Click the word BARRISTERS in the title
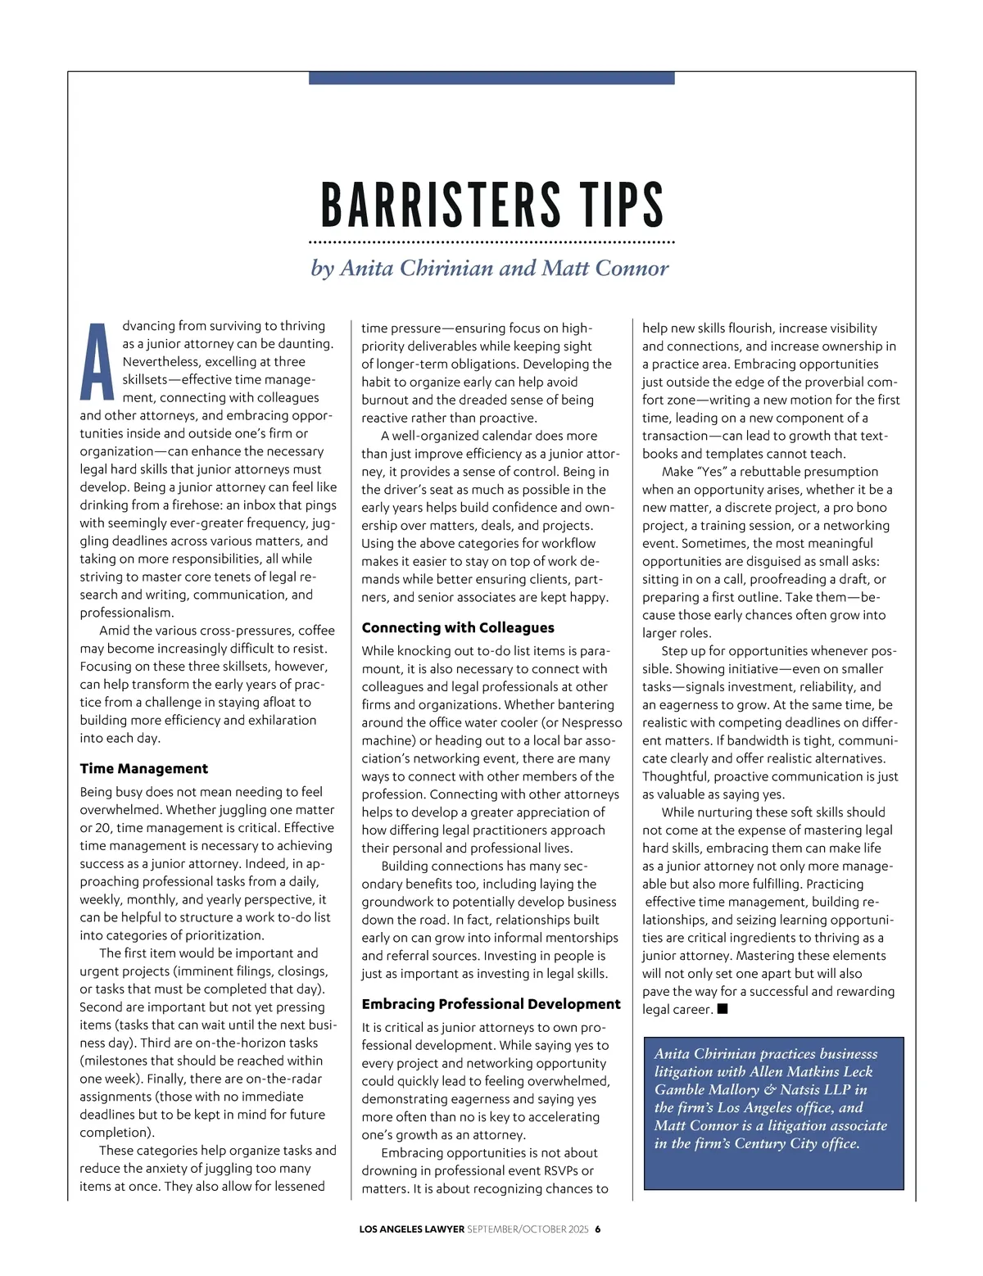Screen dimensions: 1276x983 [x=441, y=205]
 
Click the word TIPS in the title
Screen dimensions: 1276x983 [x=622, y=205]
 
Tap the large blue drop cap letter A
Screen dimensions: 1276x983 [x=97, y=361]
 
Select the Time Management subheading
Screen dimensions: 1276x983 [x=143, y=768]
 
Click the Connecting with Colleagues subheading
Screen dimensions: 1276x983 [x=458, y=627]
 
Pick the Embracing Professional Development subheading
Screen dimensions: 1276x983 [x=491, y=1004]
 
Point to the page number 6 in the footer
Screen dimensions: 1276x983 [x=598, y=1229]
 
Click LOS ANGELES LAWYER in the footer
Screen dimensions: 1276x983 [x=411, y=1229]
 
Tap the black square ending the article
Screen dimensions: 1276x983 [x=723, y=1009]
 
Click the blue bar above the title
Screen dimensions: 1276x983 [x=491, y=78]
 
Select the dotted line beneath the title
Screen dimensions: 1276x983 [x=491, y=243]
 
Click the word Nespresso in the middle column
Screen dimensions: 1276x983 [x=586, y=722]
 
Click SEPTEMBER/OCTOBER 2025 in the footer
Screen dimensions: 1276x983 [x=528, y=1229]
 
